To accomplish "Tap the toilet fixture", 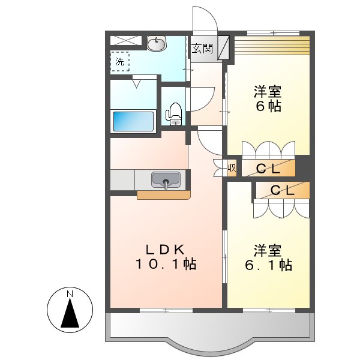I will click(x=175, y=113).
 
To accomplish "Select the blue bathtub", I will click(x=133, y=121).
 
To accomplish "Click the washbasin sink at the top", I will click(x=157, y=43).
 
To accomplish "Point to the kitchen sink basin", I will click(x=166, y=179).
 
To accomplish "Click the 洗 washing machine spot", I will click(x=120, y=61).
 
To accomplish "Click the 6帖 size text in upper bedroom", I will click(x=268, y=107).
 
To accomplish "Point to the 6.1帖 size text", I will click(x=268, y=264).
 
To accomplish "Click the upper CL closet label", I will click(x=268, y=169).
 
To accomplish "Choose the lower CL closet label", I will click(x=282, y=191).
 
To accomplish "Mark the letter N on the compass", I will click(x=70, y=294).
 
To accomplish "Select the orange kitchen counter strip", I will click(x=163, y=194).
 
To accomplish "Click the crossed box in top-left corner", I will click(x=126, y=41).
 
